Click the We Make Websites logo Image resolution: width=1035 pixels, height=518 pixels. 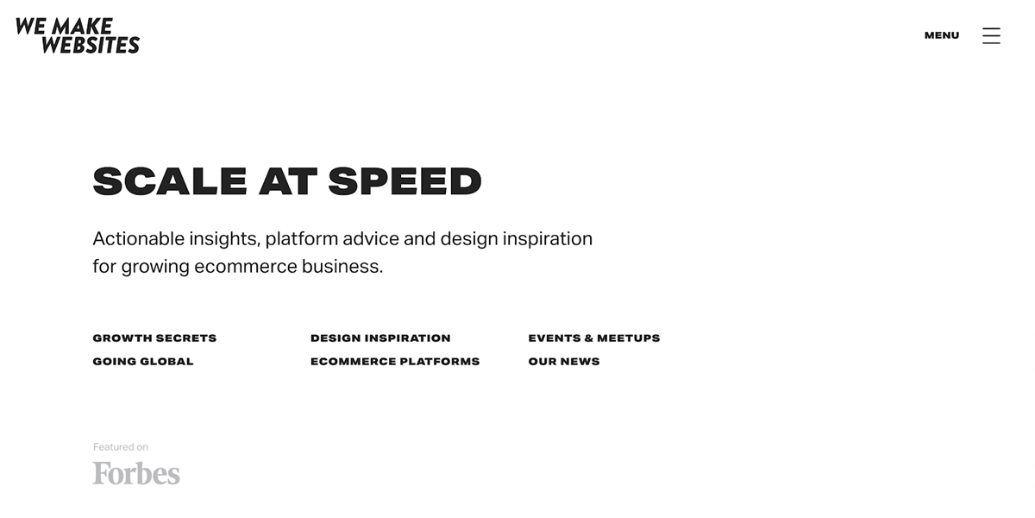point(78,35)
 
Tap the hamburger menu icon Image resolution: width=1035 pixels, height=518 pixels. point(991,35)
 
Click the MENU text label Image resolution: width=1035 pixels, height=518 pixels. point(942,35)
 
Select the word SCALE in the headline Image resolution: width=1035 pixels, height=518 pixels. point(170,180)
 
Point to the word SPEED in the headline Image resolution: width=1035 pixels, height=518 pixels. point(405,180)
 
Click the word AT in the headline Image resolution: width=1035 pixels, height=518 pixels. point(288,180)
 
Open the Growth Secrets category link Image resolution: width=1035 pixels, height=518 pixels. point(154,338)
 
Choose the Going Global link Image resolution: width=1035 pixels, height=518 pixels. point(143,361)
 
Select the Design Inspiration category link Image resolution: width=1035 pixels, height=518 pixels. point(380,338)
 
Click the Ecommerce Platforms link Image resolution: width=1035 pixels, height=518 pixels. point(395,361)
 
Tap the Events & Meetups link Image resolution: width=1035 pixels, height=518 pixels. point(594,338)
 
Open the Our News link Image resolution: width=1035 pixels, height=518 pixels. point(564,361)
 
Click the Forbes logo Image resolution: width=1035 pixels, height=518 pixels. point(136,473)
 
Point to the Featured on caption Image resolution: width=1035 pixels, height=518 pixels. point(121,447)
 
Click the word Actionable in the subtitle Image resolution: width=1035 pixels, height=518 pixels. point(139,238)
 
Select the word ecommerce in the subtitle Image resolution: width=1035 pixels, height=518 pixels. point(245,267)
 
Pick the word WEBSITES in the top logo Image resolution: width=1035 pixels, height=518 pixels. point(91,45)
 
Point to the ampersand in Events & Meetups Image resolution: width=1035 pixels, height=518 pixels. point(588,338)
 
